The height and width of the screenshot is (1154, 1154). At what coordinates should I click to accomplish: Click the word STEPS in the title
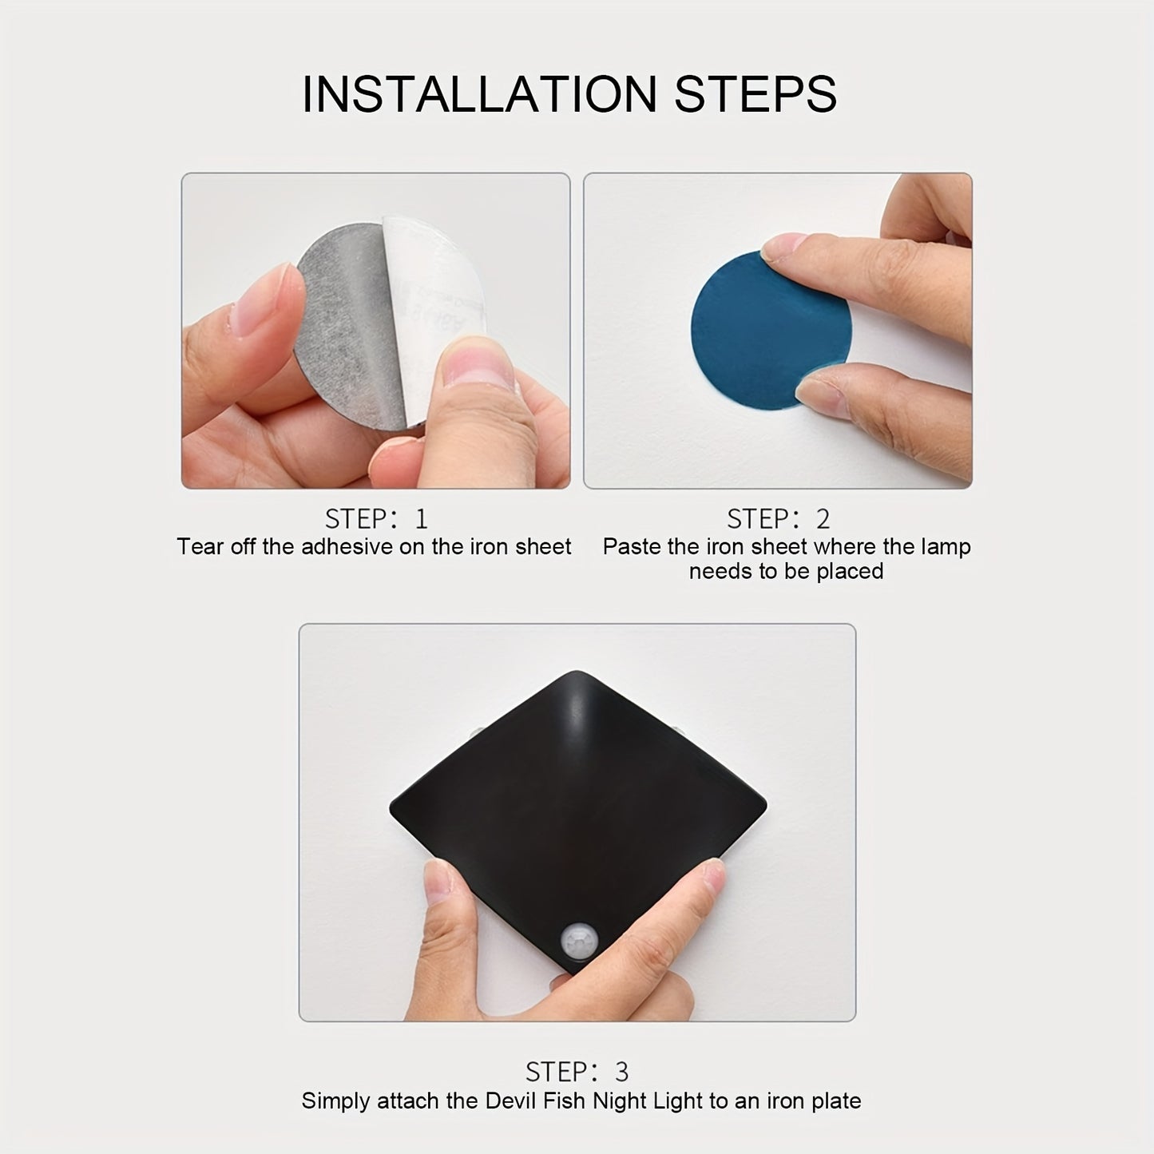click(x=755, y=94)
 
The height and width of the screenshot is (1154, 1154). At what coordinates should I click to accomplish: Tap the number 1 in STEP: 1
click(x=421, y=520)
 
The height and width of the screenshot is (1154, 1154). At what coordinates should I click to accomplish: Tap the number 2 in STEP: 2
click(x=823, y=520)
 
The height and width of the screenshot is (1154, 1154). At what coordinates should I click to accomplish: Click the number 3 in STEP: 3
click(x=621, y=1072)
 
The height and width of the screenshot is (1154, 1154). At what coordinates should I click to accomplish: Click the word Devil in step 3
click(x=510, y=1101)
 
